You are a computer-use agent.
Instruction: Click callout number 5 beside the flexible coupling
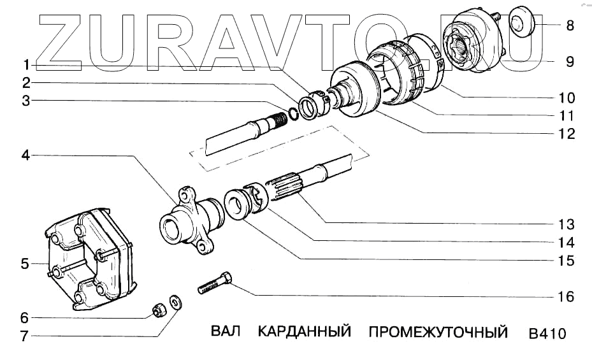[x=25, y=263]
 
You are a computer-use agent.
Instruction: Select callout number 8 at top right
[x=570, y=26]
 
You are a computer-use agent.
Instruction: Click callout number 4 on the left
[x=25, y=154]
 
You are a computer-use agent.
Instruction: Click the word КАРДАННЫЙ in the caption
[x=305, y=333]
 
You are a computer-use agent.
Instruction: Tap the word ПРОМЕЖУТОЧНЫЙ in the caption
[x=438, y=333]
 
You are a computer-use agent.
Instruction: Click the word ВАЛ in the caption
[x=226, y=333]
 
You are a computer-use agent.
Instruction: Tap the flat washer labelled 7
[x=175, y=299]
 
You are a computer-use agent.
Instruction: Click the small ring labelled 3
[x=294, y=113]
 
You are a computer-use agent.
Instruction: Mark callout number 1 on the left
[x=25, y=65]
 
